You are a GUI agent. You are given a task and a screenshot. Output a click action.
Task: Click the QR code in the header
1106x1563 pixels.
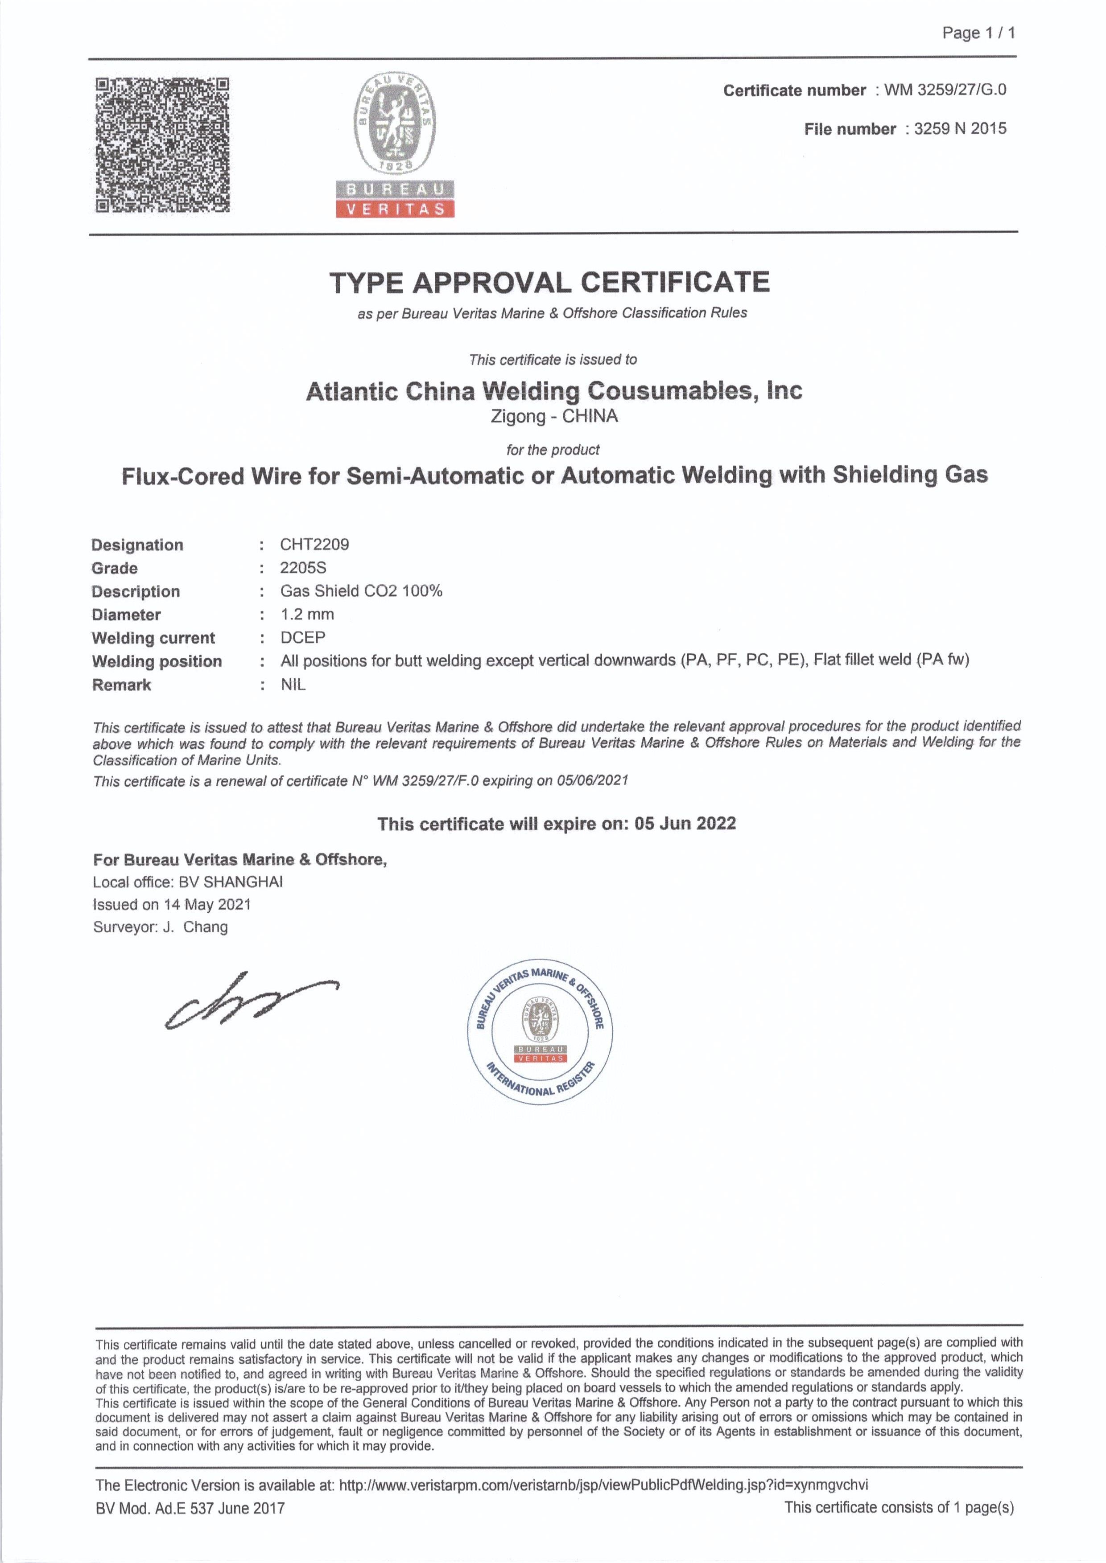162,145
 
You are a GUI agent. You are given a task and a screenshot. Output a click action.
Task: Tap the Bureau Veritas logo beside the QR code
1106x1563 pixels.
395,146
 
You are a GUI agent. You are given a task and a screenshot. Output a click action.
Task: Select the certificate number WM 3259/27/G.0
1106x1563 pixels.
945,90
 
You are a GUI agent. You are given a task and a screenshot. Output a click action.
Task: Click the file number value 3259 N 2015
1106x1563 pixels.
960,129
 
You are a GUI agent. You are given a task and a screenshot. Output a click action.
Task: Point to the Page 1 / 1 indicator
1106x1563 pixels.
978,33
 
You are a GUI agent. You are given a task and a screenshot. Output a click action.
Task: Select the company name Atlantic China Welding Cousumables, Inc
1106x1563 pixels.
554,391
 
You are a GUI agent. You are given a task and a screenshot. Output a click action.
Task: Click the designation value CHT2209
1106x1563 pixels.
315,545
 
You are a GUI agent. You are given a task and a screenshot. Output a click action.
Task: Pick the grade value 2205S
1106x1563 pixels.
303,568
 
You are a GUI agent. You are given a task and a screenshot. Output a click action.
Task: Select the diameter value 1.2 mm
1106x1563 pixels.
307,614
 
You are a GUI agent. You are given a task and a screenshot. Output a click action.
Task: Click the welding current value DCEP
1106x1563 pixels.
303,637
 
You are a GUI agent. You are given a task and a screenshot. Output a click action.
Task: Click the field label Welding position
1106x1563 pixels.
157,661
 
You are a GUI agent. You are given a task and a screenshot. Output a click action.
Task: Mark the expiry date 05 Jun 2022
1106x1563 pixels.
685,824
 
